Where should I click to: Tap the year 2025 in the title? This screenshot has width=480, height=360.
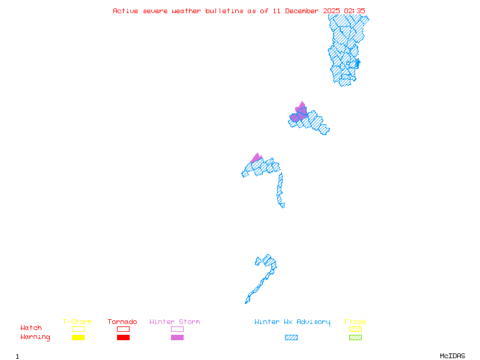coord(331,11)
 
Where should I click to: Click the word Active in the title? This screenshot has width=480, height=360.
coord(125,11)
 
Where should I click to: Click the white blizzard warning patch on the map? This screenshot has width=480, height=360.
coord(286,205)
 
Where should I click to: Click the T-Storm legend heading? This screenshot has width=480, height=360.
coord(77,322)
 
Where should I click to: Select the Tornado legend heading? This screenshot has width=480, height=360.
coord(122,322)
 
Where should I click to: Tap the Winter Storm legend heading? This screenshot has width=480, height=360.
coord(175,322)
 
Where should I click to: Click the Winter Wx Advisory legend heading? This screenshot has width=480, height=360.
coord(292,322)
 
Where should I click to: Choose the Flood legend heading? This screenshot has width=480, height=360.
coord(355,322)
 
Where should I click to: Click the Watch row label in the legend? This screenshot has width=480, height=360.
coord(31,328)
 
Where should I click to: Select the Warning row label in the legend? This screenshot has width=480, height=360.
coord(35,337)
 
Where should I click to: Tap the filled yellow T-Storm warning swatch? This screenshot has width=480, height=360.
coord(78,338)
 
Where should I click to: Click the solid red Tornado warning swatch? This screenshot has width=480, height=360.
coord(123,338)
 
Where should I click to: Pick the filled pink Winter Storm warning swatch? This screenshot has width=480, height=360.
coord(177,338)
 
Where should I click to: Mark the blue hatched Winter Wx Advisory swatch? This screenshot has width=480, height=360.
coord(291,338)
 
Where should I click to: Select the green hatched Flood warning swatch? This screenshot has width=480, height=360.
coord(355,338)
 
